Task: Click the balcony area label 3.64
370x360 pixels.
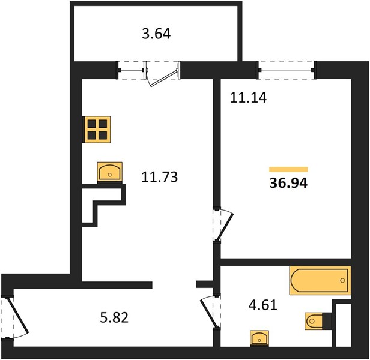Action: click(x=156, y=34)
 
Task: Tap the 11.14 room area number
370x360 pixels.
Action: click(x=248, y=97)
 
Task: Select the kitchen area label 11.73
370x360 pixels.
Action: click(x=160, y=177)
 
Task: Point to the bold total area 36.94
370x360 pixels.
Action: click(x=288, y=183)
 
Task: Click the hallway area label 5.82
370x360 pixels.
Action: click(x=114, y=317)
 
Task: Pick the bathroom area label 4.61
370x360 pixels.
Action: click(x=263, y=305)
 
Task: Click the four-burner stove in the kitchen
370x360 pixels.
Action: click(x=97, y=130)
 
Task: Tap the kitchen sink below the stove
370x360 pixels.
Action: click(x=110, y=173)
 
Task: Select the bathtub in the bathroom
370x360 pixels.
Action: click(x=320, y=280)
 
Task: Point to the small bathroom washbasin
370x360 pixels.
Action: click(x=259, y=338)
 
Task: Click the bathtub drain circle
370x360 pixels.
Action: click(x=342, y=280)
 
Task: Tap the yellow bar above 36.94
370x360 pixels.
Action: click(x=288, y=169)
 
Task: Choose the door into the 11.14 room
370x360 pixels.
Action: click(x=224, y=224)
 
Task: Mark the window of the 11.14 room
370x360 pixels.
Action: click(x=287, y=70)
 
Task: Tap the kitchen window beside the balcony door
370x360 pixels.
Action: click(x=131, y=70)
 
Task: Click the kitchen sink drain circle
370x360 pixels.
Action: click(x=109, y=175)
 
